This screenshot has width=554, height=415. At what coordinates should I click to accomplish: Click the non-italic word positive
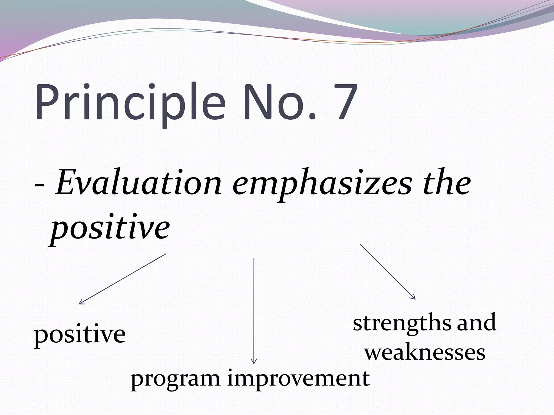coord(80,335)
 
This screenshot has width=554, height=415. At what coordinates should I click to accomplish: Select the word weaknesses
coord(425,353)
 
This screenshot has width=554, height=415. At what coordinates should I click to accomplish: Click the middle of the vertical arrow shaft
coord(254,311)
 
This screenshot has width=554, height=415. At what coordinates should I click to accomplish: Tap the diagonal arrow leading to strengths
coord(387,271)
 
